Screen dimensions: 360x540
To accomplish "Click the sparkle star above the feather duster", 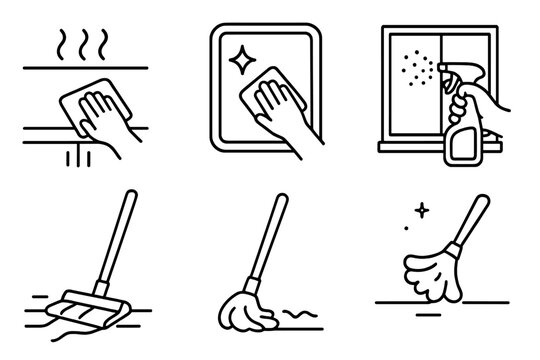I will (x=419, y=211).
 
